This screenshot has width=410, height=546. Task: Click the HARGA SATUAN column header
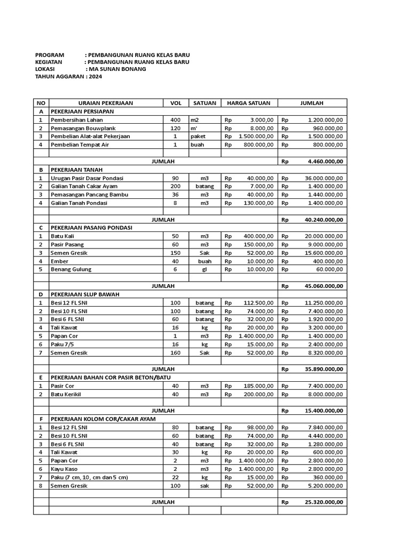(x=248, y=103)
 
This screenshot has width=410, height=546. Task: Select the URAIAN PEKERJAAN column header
(x=106, y=103)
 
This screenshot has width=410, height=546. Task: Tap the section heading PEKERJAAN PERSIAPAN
(x=82, y=111)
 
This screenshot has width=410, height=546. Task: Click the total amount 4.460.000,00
(x=326, y=161)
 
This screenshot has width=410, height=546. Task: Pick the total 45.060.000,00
(x=324, y=286)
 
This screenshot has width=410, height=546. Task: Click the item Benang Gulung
(x=71, y=269)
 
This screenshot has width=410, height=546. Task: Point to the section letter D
(x=41, y=294)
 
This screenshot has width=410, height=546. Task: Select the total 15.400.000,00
(x=324, y=411)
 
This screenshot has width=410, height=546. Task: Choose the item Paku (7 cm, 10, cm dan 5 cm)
(x=89, y=477)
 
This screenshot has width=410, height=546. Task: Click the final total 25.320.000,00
(x=324, y=502)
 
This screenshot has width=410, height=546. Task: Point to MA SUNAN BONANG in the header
(x=117, y=69)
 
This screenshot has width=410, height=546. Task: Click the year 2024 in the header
(x=95, y=76)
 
